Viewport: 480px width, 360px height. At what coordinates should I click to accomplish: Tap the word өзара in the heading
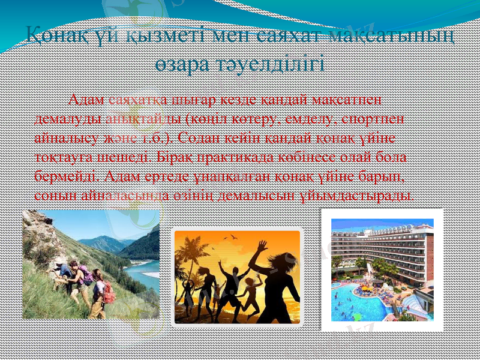pyautogui.click(x=181, y=63)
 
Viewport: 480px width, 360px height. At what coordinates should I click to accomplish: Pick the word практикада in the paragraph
pyautogui.click(x=236, y=158)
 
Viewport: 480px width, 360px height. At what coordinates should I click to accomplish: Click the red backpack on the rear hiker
pyautogui.click(x=109, y=293)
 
